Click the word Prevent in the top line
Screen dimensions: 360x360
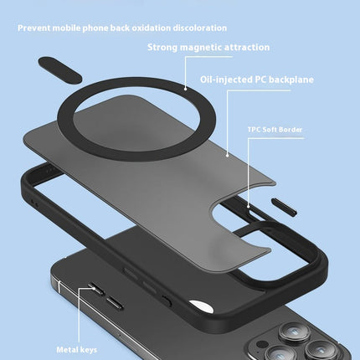click(x=34, y=28)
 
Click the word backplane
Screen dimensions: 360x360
click(x=291, y=80)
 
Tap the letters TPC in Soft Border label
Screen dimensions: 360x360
click(x=254, y=130)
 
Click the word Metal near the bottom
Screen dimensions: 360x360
click(x=67, y=350)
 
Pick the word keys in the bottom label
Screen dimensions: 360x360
click(x=88, y=350)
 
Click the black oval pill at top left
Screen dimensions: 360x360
click(x=59, y=69)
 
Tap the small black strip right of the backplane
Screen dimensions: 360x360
click(x=284, y=207)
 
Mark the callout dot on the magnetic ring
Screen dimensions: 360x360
click(x=185, y=89)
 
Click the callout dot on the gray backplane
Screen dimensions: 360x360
click(x=228, y=155)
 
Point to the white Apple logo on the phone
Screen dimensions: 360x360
click(x=202, y=306)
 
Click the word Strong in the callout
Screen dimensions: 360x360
click(x=162, y=48)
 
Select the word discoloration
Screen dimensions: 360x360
click(x=200, y=28)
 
